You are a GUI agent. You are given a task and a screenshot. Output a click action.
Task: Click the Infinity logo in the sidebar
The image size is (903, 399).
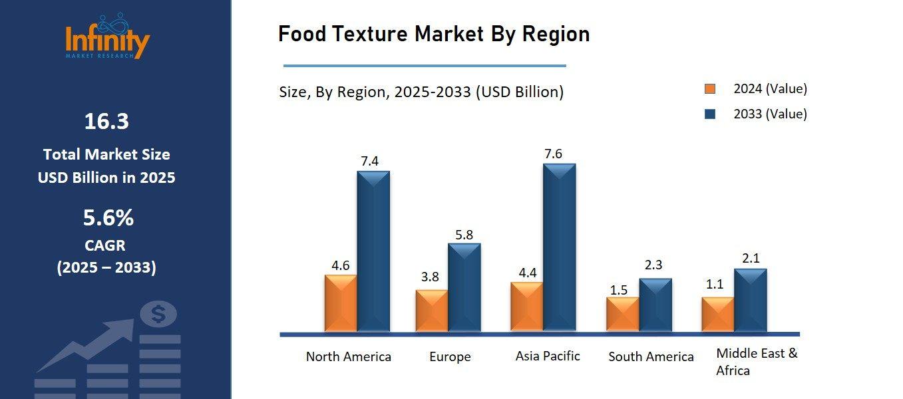(x=107, y=38)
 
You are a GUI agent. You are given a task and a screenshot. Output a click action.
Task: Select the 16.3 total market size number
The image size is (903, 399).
(x=106, y=122)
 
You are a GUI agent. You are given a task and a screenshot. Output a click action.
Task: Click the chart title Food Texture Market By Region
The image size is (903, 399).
(x=433, y=34)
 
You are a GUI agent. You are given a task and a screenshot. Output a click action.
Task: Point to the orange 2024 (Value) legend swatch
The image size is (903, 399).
(x=710, y=89)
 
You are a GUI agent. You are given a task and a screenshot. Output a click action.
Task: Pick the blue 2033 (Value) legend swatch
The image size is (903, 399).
(x=710, y=114)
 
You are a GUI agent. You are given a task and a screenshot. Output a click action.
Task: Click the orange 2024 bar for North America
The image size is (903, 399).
(x=341, y=303)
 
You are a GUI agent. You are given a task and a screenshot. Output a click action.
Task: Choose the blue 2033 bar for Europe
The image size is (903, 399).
(x=464, y=287)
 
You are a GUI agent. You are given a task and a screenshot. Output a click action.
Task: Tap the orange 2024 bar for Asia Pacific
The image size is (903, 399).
(x=526, y=307)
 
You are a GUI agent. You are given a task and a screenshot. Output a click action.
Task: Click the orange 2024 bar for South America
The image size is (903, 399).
(x=623, y=314)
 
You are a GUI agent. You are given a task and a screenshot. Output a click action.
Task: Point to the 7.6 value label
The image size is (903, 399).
(x=553, y=154)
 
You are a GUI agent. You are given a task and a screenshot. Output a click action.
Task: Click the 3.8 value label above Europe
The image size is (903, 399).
(x=430, y=277)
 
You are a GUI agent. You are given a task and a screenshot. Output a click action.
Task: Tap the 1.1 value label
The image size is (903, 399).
(x=714, y=284)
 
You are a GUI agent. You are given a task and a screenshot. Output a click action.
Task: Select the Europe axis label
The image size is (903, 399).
(x=450, y=357)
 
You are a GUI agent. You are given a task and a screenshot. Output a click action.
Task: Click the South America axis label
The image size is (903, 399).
(x=651, y=357)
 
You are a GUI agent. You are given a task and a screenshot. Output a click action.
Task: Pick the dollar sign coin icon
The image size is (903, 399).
(x=158, y=314)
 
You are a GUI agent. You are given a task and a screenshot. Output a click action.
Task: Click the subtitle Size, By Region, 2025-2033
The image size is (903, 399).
(x=421, y=92)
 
